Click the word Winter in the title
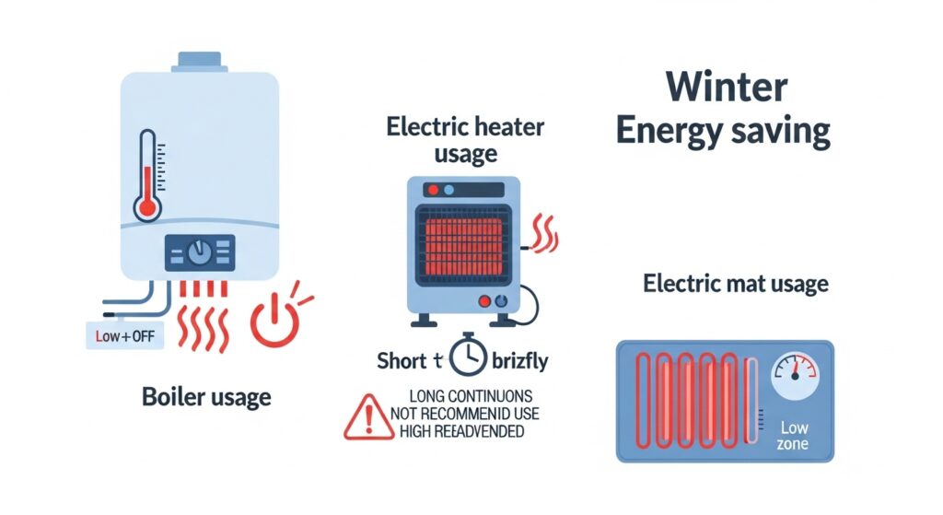coord(727,88)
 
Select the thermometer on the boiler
coord(147,176)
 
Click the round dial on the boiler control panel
coord(199,252)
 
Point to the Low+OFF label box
coord(124,336)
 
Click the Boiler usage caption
coord(206,397)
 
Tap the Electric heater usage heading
coord(465,138)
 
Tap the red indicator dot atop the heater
coord(433,192)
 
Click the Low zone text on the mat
coord(793,436)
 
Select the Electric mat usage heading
coord(734,283)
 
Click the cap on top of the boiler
coord(199,61)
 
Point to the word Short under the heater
coord(402,360)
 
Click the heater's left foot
coord(426,320)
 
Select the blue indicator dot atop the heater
coord(448,192)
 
